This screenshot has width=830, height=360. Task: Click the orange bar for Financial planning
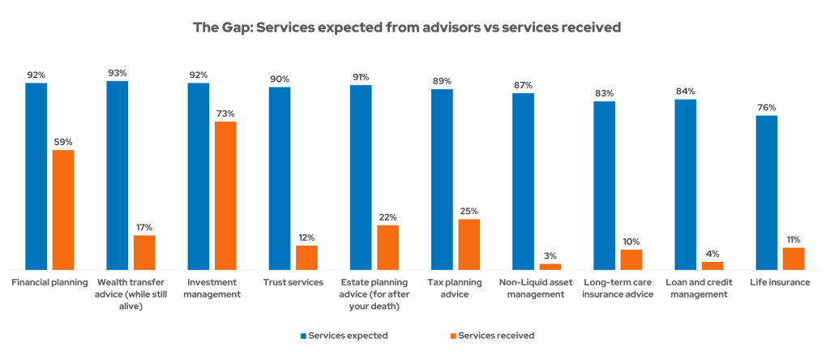point(63,209)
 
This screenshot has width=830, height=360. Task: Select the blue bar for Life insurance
point(766,192)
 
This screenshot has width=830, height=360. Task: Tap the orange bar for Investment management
point(225,195)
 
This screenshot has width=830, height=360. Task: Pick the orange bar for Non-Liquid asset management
point(550,266)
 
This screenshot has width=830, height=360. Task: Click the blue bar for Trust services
point(280,178)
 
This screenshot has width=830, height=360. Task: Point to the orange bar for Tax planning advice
point(468,243)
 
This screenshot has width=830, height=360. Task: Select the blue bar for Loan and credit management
point(685,184)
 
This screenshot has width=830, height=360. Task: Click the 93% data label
point(117,73)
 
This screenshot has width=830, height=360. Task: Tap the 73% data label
point(225,114)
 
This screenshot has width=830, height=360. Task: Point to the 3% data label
point(550,255)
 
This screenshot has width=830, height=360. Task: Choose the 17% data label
point(144,227)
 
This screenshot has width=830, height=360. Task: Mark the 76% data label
point(766,107)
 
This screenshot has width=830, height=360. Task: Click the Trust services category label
point(293,282)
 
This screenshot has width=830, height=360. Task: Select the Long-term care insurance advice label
point(618,288)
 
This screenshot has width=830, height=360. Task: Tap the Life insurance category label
point(780,282)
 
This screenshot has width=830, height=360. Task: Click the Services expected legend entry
point(348,335)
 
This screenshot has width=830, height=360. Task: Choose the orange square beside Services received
point(452,335)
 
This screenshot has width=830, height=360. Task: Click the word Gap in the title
point(233,28)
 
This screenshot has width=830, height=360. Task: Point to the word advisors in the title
point(443,28)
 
